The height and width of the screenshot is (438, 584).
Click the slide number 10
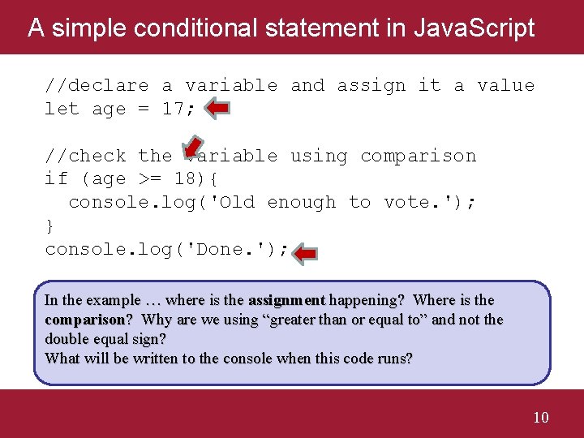(541, 418)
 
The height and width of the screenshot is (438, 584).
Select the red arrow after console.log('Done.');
(306, 255)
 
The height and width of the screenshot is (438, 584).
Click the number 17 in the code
(173, 109)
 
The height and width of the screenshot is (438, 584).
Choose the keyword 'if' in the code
(56, 179)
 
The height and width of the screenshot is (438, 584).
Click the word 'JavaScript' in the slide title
(474, 28)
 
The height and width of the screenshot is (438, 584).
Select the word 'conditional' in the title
(187, 28)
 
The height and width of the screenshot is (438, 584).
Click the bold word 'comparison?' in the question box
(89, 320)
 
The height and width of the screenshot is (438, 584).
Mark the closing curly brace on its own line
(50, 225)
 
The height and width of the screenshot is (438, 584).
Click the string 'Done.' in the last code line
(220, 250)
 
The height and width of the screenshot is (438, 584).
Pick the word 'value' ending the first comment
(505, 85)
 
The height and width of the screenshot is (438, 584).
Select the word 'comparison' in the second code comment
(418, 156)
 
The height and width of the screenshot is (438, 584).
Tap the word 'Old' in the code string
(237, 203)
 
